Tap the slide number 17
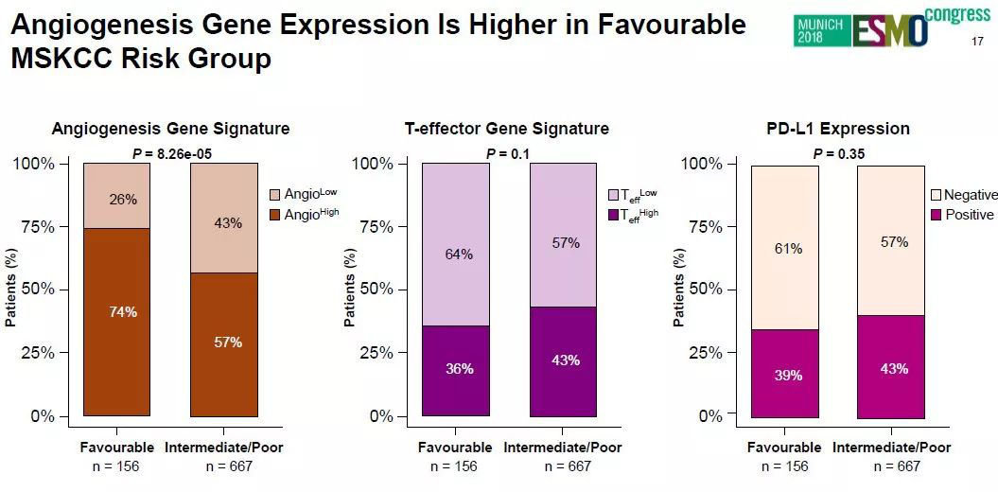click(x=978, y=42)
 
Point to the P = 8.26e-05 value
click(x=170, y=153)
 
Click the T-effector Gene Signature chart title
click(x=506, y=129)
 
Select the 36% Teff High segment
click(x=456, y=370)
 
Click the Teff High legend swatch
click(x=612, y=215)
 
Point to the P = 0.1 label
click(x=508, y=153)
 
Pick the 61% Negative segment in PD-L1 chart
click(x=785, y=248)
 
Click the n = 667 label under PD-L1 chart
click(x=897, y=466)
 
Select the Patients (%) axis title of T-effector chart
click(x=350, y=289)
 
